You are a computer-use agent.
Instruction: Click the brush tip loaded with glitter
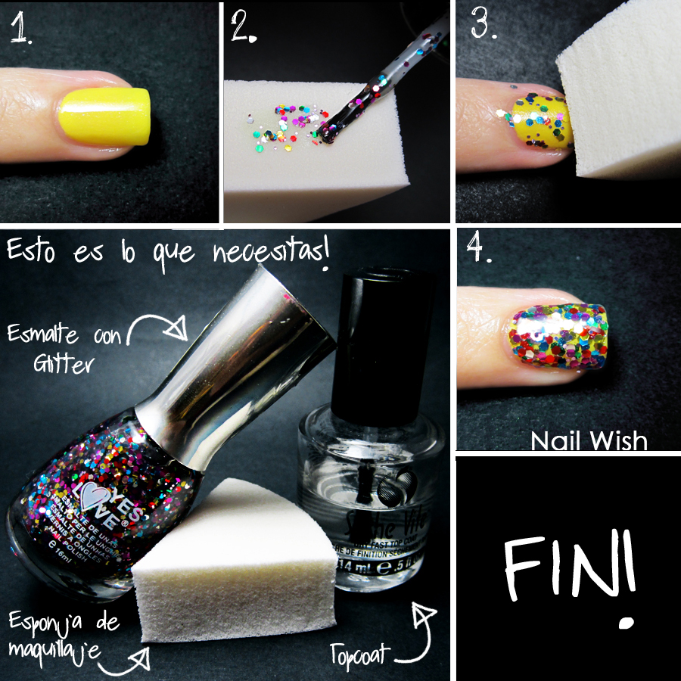331,133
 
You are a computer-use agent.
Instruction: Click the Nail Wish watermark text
588,440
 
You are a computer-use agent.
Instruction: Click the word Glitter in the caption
63,364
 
